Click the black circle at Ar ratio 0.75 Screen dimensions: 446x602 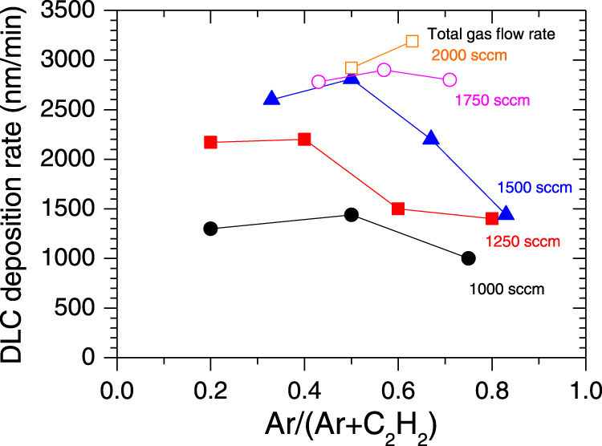point(469,258)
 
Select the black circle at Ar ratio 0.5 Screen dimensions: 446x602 point(351,215)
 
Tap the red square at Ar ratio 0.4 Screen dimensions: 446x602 point(304,140)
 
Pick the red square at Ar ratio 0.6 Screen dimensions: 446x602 point(398,209)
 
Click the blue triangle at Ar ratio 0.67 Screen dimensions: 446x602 point(431,139)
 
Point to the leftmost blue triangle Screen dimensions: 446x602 point(271,99)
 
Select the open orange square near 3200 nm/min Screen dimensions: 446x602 point(413,41)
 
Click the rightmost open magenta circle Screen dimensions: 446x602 point(449,79)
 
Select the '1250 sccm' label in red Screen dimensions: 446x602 point(523,241)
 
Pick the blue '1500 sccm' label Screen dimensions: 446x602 point(535,188)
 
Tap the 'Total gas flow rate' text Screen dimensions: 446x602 point(503,34)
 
